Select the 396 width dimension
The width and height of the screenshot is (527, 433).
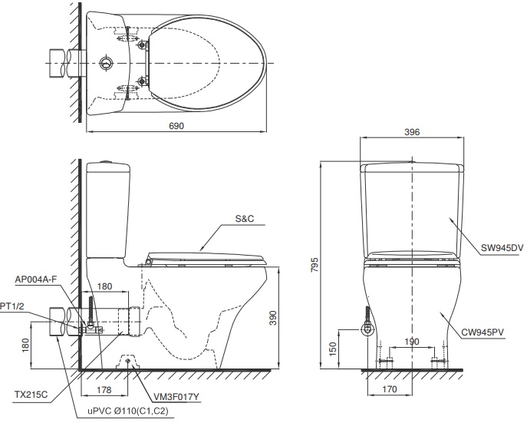[x=412, y=132]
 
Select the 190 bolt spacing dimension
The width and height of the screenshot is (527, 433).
[x=413, y=341]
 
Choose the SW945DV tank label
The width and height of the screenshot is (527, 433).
[x=502, y=247]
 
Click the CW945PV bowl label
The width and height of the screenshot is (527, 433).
[x=502, y=332]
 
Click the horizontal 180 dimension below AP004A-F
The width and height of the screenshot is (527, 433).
[x=105, y=286]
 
